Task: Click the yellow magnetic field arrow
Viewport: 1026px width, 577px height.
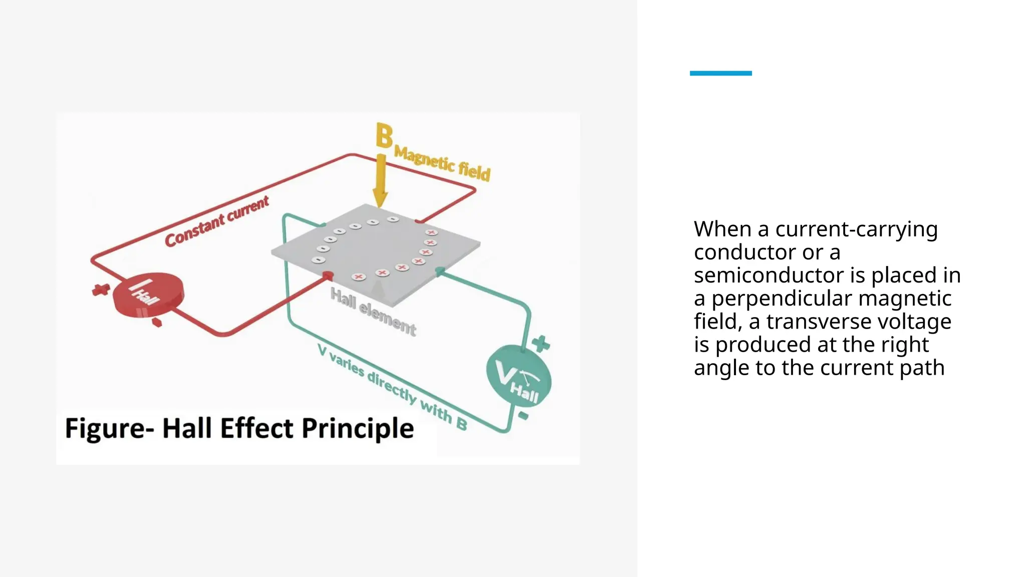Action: pyautogui.click(x=381, y=180)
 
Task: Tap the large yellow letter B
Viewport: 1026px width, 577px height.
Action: pyautogui.click(x=384, y=136)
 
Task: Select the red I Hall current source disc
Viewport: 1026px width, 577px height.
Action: pyautogui.click(x=147, y=296)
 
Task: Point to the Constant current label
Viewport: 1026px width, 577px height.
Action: pyautogui.click(x=216, y=221)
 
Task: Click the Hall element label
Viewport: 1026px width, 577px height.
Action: pyautogui.click(x=373, y=312)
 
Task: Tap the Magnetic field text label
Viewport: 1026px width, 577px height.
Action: pyautogui.click(x=442, y=162)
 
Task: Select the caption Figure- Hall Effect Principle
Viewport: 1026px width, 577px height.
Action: pyautogui.click(x=239, y=429)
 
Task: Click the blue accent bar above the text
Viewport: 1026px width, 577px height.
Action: pyautogui.click(x=720, y=73)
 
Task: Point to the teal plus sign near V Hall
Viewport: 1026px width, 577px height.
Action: pyautogui.click(x=541, y=344)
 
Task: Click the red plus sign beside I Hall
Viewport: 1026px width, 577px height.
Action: pyautogui.click(x=101, y=290)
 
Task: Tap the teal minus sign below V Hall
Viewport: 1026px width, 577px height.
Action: pyautogui.click(x=523, y=416)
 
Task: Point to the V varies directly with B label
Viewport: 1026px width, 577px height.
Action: pyautogui.click(x=392, y=388)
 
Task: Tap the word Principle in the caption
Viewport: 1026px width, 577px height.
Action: pyautogui.click(x=358, y=429)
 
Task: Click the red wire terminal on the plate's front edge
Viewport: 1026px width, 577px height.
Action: pyautogui.click(x=328, y=275)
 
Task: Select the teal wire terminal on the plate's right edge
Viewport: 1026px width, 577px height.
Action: pyautogui.click(x=440, y=271)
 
